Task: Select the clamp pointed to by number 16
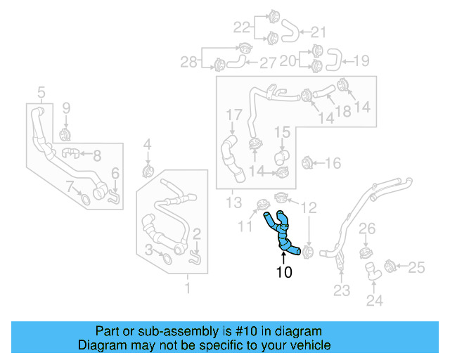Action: tap(306, 163)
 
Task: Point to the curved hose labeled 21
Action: tap(290, 30)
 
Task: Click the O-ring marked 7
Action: tap(84, 198)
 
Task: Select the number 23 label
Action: tap(341, 290)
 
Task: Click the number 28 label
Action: tap(188, 63)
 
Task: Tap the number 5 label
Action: tap(41, 91)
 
